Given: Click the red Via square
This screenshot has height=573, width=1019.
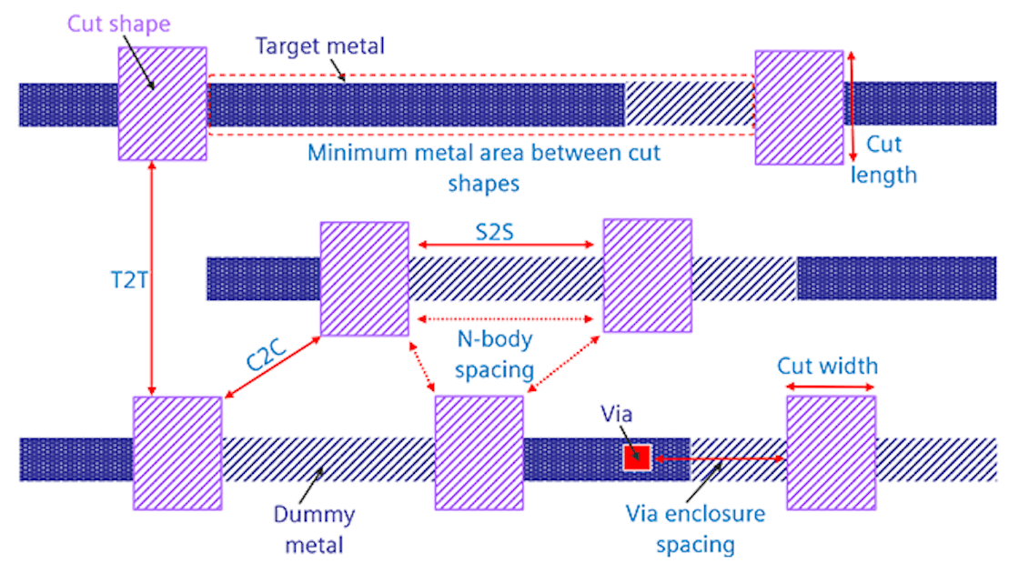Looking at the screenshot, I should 636,458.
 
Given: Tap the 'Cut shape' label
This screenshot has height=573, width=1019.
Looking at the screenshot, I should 119,22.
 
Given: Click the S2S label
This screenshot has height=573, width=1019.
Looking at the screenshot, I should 495,232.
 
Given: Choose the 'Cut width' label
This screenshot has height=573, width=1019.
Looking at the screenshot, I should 827,366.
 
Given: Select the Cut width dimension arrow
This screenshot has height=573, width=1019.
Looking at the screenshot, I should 829,387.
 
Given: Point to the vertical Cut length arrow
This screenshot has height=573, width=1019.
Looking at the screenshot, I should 853,107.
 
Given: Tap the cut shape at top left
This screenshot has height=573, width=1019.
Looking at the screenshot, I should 162,102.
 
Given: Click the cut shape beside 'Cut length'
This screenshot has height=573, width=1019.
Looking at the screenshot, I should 799,107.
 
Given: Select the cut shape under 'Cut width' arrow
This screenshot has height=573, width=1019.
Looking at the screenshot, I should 830,453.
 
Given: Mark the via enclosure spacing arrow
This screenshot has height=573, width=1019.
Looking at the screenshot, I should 720,460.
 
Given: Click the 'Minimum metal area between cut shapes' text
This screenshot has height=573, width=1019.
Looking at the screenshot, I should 483,166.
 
